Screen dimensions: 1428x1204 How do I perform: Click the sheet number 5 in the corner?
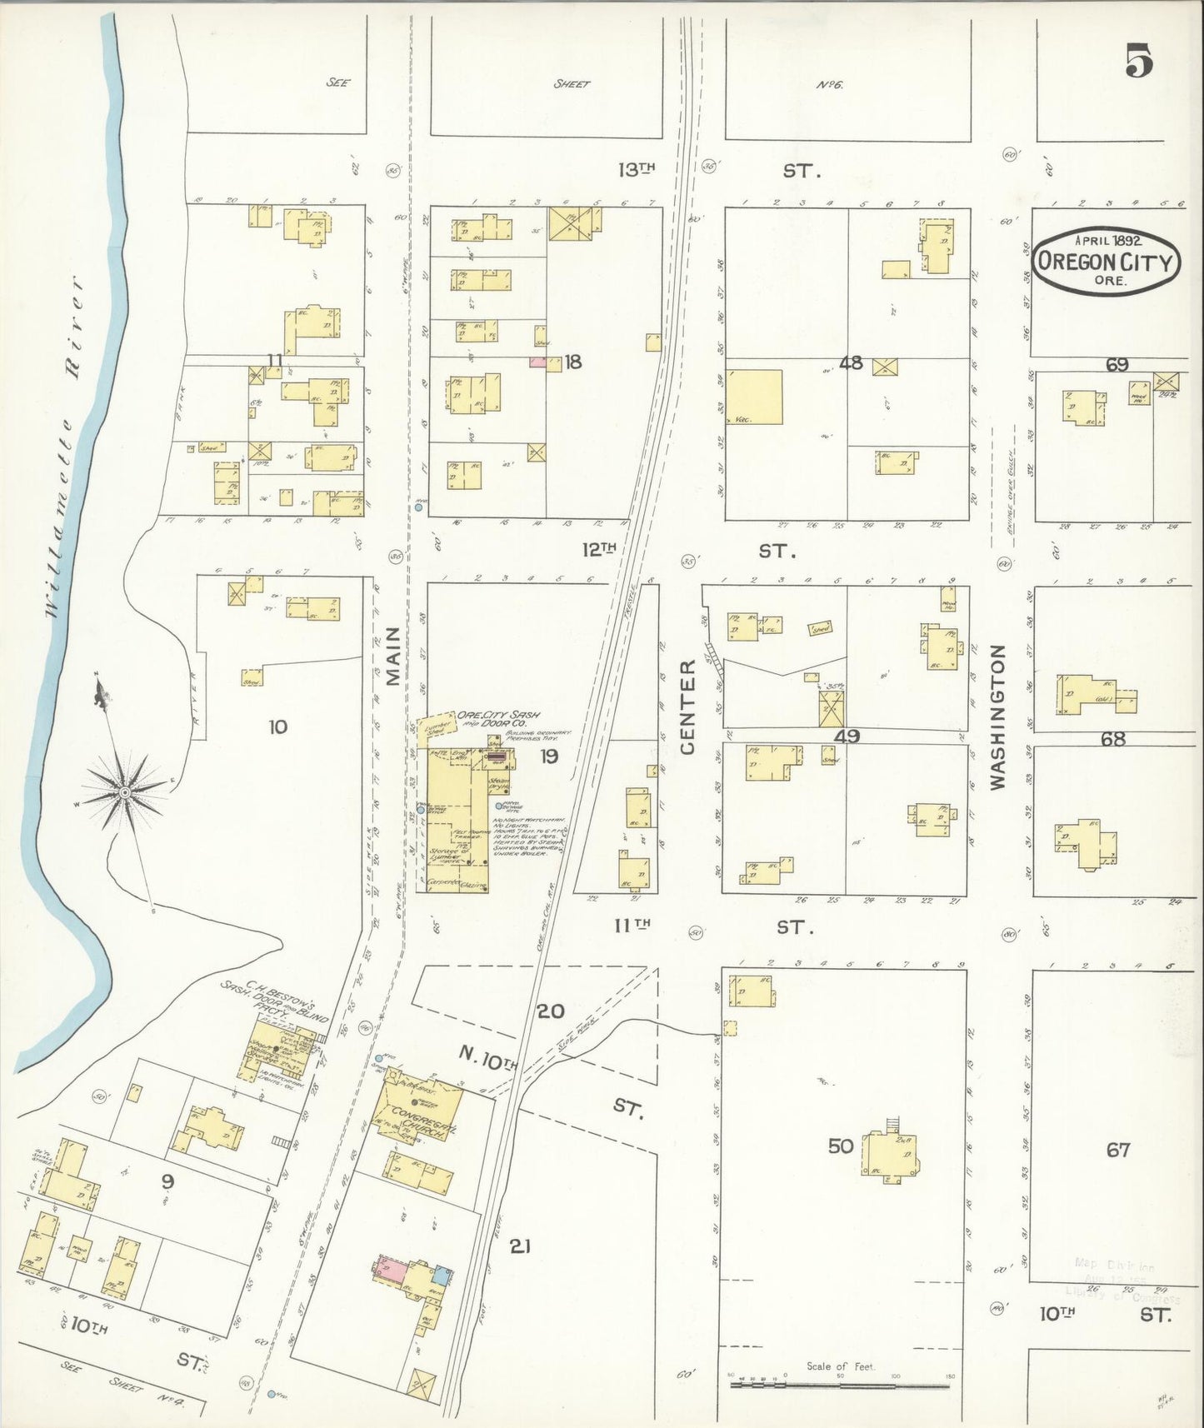(1139, 61)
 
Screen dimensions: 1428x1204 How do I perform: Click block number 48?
(851, 363)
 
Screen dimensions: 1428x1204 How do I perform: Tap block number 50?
(840, 1146)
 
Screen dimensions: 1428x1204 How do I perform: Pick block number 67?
(1117, 1150)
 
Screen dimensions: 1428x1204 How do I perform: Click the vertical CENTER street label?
(688, 707)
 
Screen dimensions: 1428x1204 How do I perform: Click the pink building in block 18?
(538, 362)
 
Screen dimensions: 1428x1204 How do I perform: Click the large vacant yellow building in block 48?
(755, 397)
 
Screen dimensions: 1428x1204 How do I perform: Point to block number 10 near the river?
(277, 726)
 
